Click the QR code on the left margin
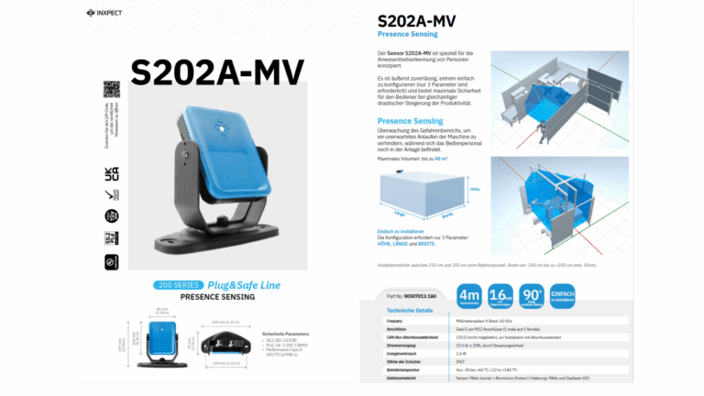(x=112, y=90)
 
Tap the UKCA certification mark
(x=112, y=171)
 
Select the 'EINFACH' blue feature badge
(x=563, y=295)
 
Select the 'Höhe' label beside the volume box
(x=474, y=189)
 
